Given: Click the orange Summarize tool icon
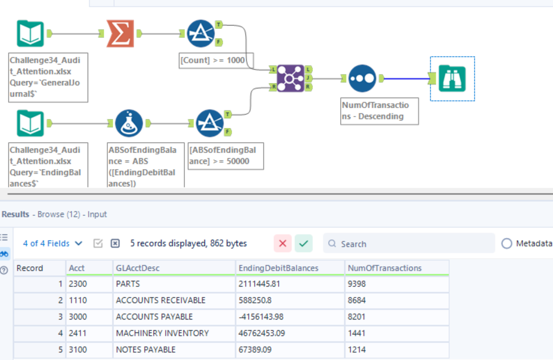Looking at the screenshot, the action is click(x=120, y=33).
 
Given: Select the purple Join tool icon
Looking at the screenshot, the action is click(x=290, y=78).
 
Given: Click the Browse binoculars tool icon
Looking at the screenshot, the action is click(x=452, y=78).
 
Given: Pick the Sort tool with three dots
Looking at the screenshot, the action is click(x=362, y=78).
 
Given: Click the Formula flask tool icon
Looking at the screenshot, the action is click(x=129, y=123).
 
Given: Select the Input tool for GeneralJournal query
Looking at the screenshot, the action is click(x=30, y=33).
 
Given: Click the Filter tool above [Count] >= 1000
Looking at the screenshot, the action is click(x=200, y=33).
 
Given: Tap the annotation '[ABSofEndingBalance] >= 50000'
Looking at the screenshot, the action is click(x=226, y=156).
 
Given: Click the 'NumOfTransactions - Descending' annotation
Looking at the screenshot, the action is click(x=379, y=111).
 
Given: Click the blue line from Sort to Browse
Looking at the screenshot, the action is click(x=407, y=79).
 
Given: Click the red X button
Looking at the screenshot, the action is click(x=283, y=243).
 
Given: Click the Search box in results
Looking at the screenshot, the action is click(x=409, y=243).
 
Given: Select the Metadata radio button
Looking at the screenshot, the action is click(x=507, y=243).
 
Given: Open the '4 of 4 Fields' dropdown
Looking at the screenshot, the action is click(x=52, y=243).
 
